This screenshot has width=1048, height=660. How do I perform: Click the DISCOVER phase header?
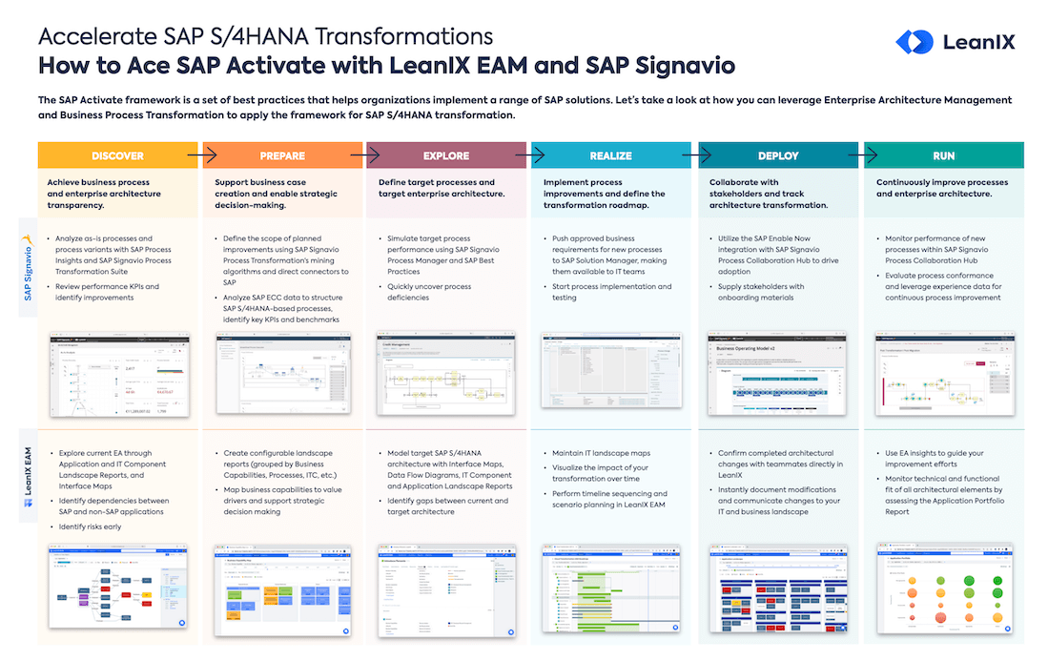(117, 155)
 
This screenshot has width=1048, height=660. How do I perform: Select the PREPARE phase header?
(282, 155)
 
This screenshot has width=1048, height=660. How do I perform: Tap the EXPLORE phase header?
(446, 155)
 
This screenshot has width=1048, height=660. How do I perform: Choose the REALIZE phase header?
(611, 155)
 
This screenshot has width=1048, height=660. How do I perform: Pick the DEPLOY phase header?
(778, 155)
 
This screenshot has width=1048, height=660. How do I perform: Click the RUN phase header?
(943, 155)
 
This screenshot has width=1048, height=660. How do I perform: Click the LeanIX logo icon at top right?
(914, 42)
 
